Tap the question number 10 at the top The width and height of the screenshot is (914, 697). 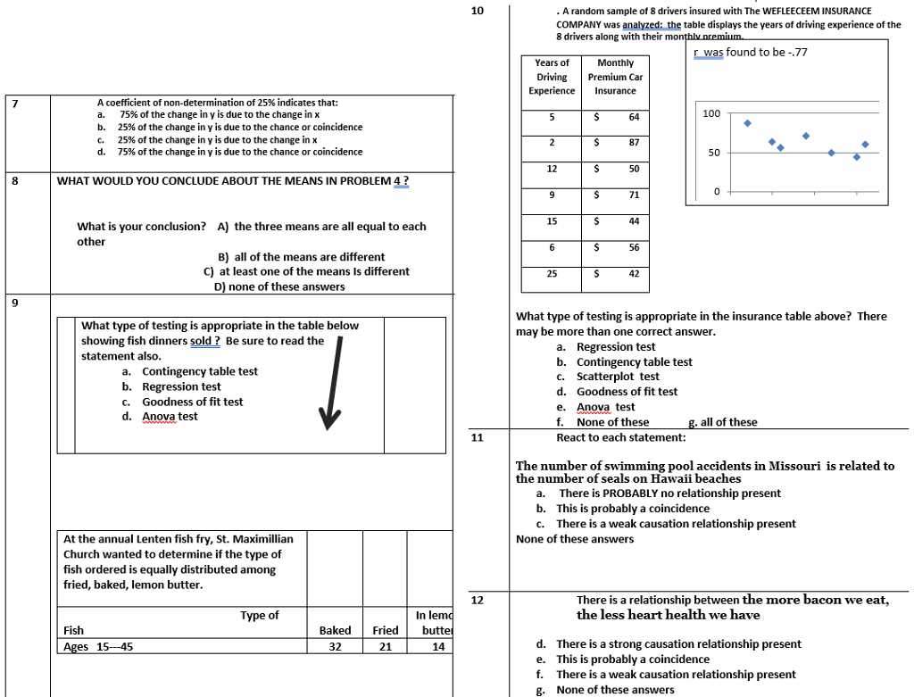pyautogui.click(x=477, y=11)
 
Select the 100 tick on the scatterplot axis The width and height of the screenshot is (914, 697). pyautogui.click(x=711, y=114)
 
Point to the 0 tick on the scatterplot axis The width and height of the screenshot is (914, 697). pyautogui.click(x=715, y=192)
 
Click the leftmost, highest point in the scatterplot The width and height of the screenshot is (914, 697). pyautogui.click(x=747, y=123)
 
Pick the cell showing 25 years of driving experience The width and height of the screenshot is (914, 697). pyautogui.click(x=552, y=274)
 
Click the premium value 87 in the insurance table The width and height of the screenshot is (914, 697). pyautogui.click(x=633, y=143)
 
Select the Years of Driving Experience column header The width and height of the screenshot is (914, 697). pyautogui.click(x=552, y=77)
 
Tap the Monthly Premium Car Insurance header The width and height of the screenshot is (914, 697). pyautogui.click(x=615, y=77)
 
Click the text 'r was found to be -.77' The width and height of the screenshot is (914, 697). pyautogui.click(x=750, y=53)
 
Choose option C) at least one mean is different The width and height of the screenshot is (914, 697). pyautogui.click(x=306, y=271)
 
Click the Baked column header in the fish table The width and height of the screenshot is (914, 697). pyautogui.click(x=335, y=630)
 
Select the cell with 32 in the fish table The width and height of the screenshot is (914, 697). pyautogui.click(x=335, y=647)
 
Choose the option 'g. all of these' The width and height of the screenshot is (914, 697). pyautogui.click(x=723, y=422)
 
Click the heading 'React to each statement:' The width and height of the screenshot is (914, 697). pyautogui.click(x=621, y=437)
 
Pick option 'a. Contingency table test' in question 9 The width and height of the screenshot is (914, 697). pyautogui.click(x=190, y=371)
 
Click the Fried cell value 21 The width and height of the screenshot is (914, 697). pyautogui.click(x=386, y=647)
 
